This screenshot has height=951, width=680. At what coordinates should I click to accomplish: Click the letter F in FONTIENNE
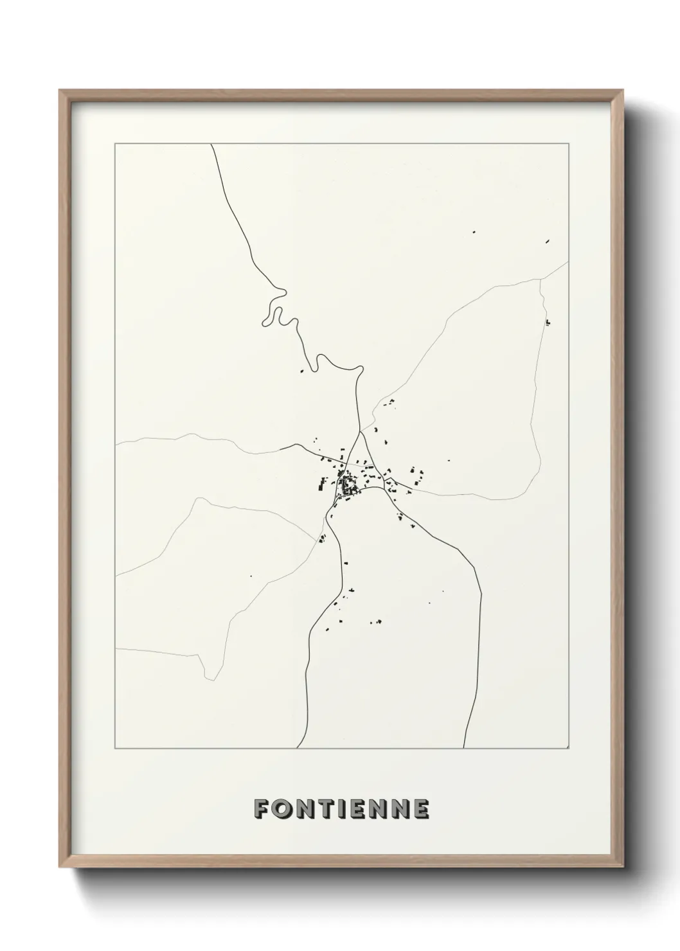[x=262, y=809]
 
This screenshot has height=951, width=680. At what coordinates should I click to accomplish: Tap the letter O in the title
[x=283, y=809]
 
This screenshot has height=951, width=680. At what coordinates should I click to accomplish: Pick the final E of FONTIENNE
[x=420, y=809]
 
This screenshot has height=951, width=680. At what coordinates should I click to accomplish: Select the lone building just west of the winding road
[x=301, y=371]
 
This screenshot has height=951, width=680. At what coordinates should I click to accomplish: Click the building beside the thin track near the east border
[x=548, y=322]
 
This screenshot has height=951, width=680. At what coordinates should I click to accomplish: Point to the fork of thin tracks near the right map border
[x=541, y=280]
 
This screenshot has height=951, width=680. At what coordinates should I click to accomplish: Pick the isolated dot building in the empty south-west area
[x=251, y=576]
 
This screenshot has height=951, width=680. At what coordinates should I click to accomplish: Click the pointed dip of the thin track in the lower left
[x=208, y=677]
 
